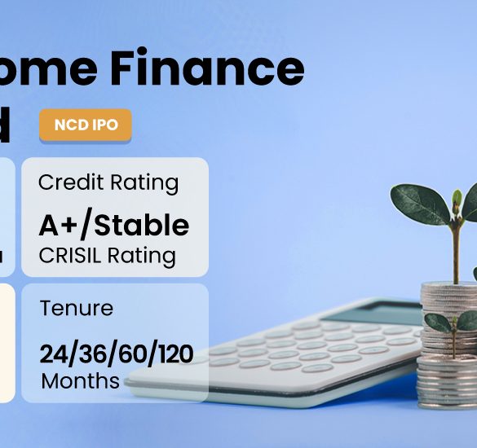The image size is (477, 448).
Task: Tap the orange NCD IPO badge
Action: click(85, 126)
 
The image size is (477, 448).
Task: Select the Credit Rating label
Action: click(108, 182)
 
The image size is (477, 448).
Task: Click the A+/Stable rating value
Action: click(114, 225)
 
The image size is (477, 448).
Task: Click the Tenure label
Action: click(77, 309)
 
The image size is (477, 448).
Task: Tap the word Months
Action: click(80, 380)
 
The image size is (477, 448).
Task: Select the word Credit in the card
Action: click(71, 182)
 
